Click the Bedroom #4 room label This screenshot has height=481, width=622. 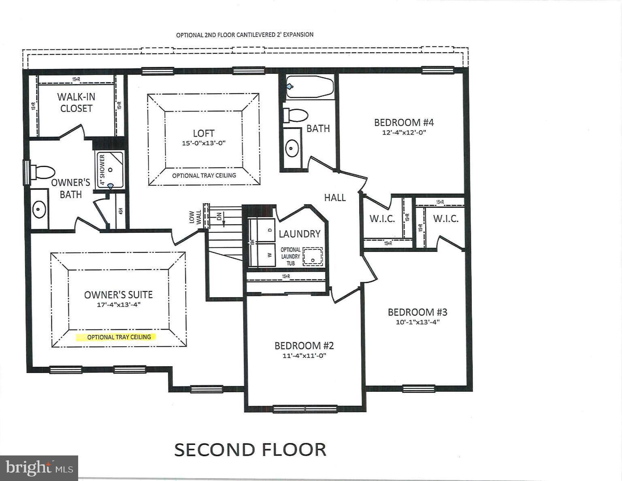404,122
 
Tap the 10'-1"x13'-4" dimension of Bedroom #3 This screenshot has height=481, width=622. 418,322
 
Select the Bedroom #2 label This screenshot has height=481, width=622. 304,346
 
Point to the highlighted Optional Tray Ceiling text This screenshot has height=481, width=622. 119,337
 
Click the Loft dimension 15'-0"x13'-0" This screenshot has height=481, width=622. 203,143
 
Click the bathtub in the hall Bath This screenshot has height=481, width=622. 310,86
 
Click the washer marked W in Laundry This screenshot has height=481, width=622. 262,255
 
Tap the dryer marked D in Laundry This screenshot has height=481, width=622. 262,230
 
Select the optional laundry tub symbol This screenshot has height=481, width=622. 313,256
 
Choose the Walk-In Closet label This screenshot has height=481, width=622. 76,103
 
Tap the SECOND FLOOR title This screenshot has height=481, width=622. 250,450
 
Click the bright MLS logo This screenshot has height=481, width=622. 39,468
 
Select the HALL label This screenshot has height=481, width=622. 334,198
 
